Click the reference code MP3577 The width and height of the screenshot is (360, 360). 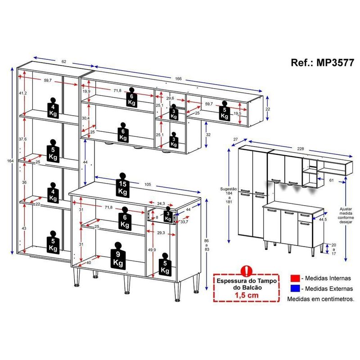(x=335, y=63)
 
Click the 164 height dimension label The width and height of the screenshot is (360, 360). (x=10, y=161)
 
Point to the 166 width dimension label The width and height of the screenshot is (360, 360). (x=178, y=78)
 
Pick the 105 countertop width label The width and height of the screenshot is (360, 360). (x=148, y=184)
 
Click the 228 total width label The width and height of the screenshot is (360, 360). (x=301, y=149)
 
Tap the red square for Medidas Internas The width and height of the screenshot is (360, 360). (x=295, y=278)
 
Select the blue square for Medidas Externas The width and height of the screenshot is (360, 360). (x=295, y=288)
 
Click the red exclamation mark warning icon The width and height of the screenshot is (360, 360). (x=247, y=271)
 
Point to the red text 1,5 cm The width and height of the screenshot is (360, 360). (x=247, y=295)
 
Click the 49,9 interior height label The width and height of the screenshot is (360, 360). (x=152, y=250)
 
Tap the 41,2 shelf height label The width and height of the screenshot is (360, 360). (x=23, y=93)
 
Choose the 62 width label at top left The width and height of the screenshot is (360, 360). (x=64, y=62)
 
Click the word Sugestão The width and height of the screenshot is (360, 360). (x=229, y=189)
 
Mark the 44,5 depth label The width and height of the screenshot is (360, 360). (x=323, y=220)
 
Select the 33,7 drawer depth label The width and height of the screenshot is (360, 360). (x=184, y=222)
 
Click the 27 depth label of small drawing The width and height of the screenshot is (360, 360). (x=235, y=139)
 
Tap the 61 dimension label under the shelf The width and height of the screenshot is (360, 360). (x=331, y=180)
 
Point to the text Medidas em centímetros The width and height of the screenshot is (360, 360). (x=321, y=299)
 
